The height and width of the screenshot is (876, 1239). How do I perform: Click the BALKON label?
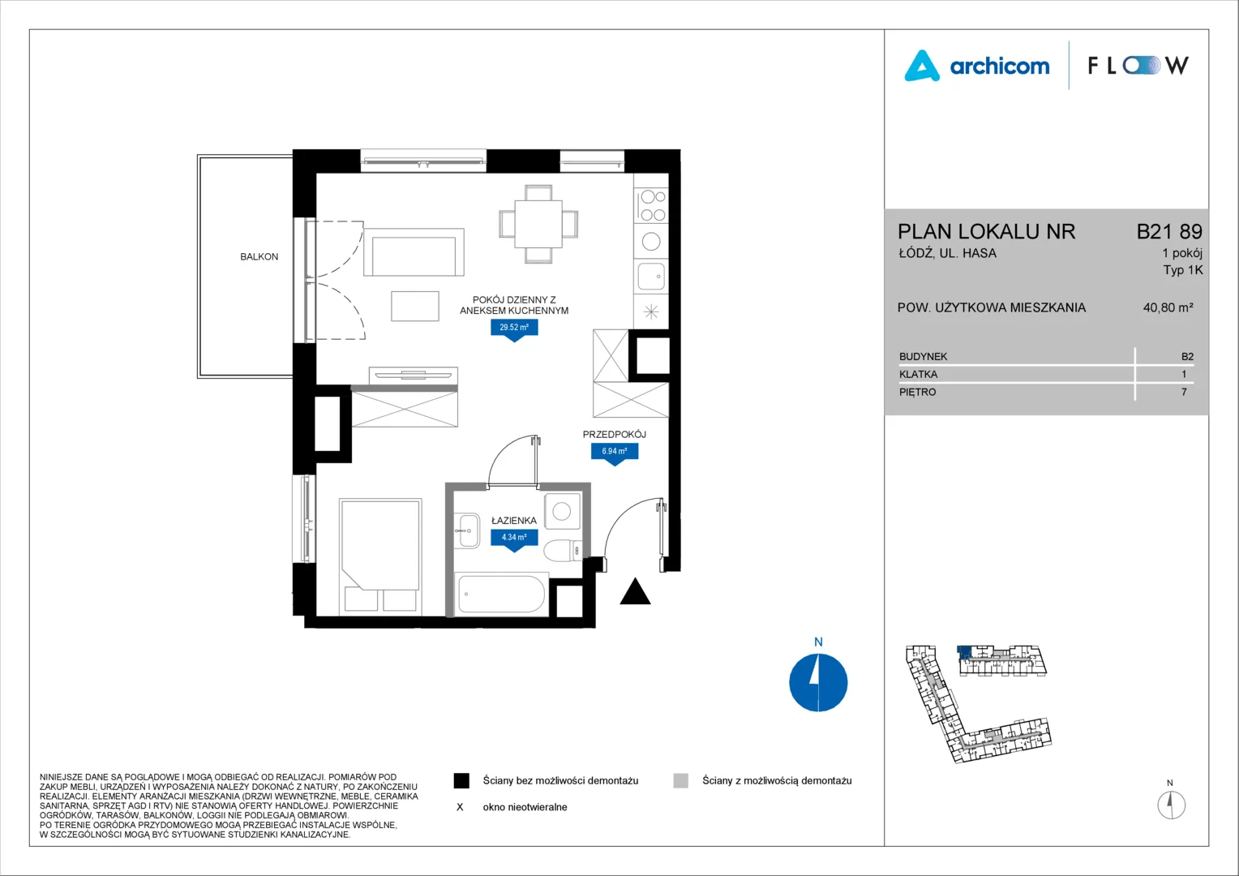259,257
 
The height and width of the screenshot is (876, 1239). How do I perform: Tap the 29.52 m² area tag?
514,328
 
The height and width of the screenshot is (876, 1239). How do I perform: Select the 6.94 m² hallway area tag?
615,452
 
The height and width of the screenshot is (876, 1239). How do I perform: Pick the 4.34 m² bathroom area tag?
514,538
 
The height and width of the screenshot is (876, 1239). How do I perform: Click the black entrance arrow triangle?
635,591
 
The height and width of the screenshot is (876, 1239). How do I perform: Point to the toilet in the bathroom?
563,550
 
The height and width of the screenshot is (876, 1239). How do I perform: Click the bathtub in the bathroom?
501,594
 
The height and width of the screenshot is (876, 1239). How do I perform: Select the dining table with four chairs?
538,224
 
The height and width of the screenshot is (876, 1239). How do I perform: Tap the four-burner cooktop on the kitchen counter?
652,205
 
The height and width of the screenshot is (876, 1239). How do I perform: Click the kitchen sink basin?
651,276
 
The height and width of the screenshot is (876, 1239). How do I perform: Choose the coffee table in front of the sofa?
415,306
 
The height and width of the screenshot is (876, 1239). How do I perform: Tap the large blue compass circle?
818,682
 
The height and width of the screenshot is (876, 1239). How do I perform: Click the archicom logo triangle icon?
921,67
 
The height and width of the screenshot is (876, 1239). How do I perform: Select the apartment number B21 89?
1169,231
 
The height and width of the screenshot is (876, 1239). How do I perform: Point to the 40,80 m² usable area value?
1168,307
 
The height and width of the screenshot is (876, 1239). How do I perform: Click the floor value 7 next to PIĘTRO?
1184,392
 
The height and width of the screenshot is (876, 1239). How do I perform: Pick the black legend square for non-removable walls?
461,781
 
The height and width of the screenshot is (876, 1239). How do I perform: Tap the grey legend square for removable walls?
681,781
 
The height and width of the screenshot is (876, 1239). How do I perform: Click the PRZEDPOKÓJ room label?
614,435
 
